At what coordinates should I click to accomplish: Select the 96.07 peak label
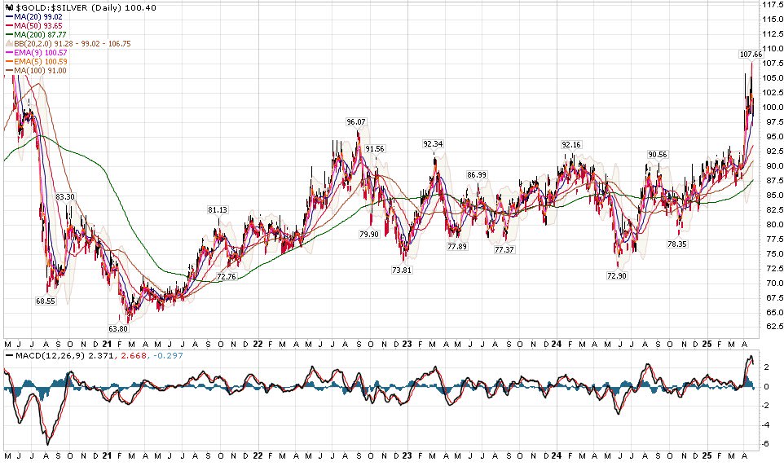[356, 121]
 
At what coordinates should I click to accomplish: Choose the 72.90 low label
[617, 276]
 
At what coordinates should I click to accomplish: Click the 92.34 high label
[433, 143]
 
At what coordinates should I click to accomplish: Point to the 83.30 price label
[65, 196]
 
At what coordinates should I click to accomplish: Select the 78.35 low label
[678, 244]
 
